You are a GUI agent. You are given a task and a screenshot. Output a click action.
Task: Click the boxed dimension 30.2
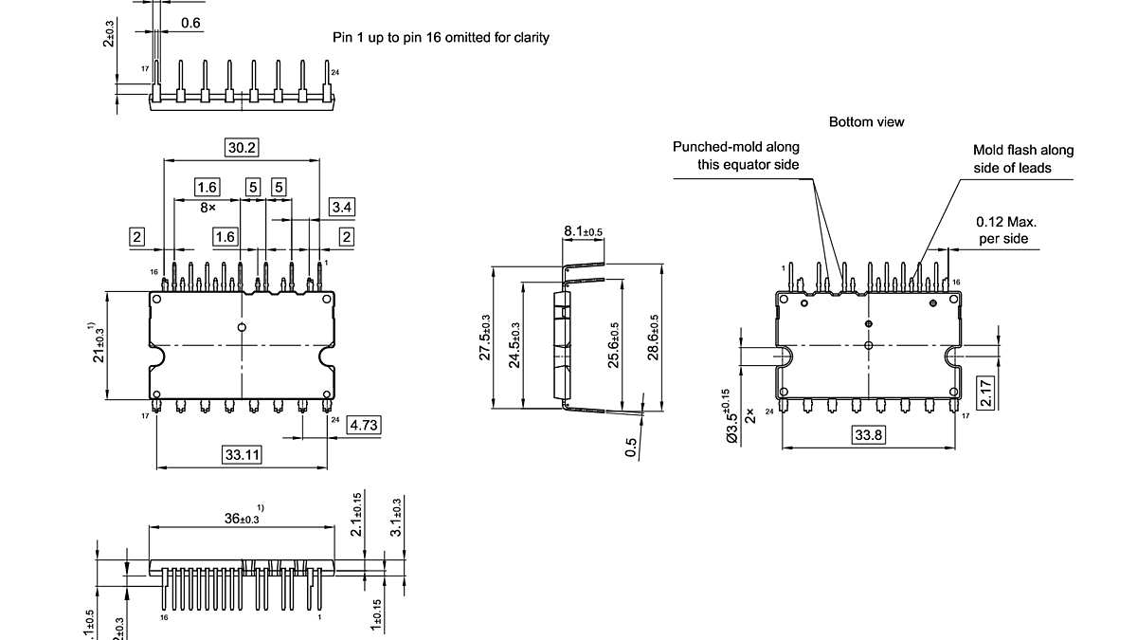click(x=242, y=147)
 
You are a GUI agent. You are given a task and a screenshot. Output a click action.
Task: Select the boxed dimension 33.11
click(x=242, y=455)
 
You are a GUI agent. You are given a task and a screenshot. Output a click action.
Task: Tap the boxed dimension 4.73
click(x=364, y=425)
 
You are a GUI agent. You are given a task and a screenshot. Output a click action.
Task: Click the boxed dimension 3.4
click(x=343, y=207)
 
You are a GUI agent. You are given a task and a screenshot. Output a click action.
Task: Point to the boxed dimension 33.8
click(x=869, y=435)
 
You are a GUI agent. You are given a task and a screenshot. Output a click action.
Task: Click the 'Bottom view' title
click(x=866, y=122)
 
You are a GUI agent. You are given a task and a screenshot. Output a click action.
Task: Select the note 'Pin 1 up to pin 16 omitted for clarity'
click(x=441, y=38)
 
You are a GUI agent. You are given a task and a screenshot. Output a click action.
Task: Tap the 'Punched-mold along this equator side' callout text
click(x=736, y=155)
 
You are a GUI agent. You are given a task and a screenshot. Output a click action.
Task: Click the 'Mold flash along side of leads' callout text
click(x=1023, y=159)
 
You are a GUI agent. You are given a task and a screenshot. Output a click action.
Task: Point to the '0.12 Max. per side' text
click(x=1002, y=230)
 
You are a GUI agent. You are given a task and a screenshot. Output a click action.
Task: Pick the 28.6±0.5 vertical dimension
click(x=654, y=337)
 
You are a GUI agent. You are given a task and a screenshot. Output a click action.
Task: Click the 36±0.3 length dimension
click(x=243, y=518)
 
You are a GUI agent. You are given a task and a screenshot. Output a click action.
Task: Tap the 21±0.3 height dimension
click(x=98, y=346)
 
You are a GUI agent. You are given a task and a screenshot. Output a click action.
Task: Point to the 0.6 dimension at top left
click(x=189, y=23)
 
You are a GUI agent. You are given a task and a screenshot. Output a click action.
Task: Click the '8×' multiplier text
click(x=207, y=206)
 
